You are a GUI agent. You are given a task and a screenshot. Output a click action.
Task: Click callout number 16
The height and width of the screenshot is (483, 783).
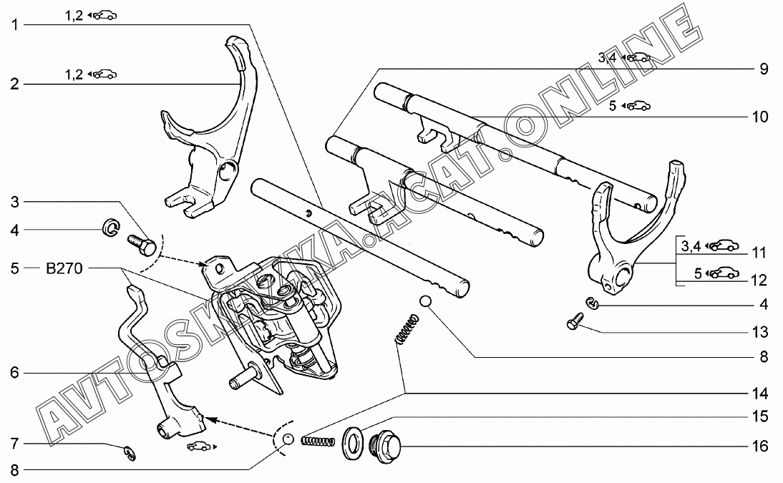(759, 447)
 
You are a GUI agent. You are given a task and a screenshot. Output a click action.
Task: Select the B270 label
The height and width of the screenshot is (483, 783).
(65, 269)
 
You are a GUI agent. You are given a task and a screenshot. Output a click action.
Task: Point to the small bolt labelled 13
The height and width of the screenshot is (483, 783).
(573, 323)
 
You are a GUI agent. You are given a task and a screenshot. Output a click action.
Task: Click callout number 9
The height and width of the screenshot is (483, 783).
(763, 69)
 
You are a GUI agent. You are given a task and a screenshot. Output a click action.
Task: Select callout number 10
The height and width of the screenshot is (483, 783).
(759, 117)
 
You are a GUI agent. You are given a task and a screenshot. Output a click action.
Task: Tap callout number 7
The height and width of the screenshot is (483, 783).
(14, 444)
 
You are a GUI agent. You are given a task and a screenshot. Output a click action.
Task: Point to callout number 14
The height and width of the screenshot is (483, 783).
(759, 393)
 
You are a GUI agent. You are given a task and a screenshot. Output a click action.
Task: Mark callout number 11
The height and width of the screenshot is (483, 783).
(759, 252)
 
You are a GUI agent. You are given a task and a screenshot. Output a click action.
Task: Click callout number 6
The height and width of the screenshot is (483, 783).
(14, 372)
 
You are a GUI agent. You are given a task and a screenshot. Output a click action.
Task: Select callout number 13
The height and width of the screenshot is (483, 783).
(759, 332)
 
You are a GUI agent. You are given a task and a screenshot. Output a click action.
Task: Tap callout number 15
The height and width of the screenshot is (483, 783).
(759, 416)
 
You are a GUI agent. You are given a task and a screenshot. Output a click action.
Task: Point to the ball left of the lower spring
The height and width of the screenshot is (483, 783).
(287, 439)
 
